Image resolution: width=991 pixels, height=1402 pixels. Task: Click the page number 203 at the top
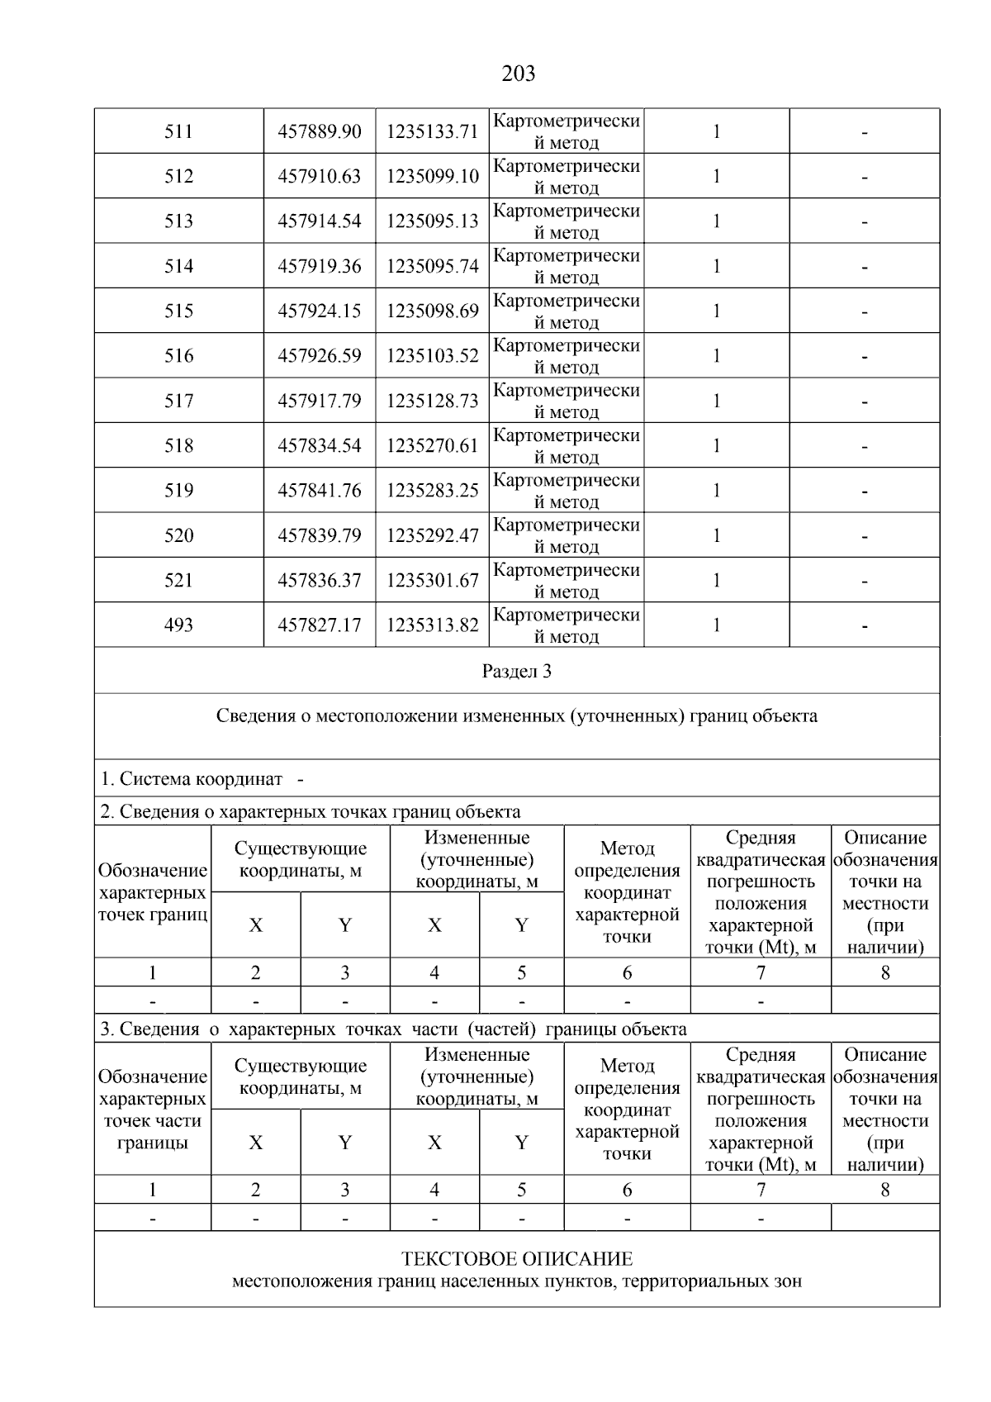(x=518, y=74)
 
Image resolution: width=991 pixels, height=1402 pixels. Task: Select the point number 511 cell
(x=178, y=131)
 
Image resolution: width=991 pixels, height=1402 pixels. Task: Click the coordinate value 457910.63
(x=320, y=176)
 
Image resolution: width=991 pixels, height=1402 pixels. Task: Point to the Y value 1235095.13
(x=432, y=221)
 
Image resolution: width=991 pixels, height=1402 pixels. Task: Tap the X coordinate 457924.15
(x=320, y=311)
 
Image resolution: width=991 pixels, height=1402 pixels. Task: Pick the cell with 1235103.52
(x=432, y=355)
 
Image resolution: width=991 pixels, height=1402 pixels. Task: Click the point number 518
(x=178, y=445)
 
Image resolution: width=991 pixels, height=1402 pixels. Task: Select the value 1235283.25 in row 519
(x=432, y=490)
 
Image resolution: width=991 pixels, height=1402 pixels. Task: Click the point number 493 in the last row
(x=178, y=625)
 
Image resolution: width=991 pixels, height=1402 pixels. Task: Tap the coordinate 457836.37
(x=320, y=580)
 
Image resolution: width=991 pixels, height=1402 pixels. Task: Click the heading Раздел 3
(x=517, y=671)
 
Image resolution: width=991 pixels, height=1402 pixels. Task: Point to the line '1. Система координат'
(x=192, y=779)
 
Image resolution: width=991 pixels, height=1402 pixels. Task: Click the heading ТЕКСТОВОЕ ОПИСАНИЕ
(x=517, y=1259)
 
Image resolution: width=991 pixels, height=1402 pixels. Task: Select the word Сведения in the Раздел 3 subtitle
(x=254, y=715)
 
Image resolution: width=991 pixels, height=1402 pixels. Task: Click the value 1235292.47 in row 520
(x=432, y=535)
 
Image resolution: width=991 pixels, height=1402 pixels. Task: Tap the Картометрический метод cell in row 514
(x=567, y=266)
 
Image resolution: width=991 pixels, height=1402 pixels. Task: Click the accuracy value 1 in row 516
(x=716, y=355)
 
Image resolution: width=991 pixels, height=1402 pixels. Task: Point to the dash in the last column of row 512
(x=864, y=177)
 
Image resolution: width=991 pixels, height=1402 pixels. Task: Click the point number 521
(x=178, y=580)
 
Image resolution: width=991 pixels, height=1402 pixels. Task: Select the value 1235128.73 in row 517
(x=432, y=401)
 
